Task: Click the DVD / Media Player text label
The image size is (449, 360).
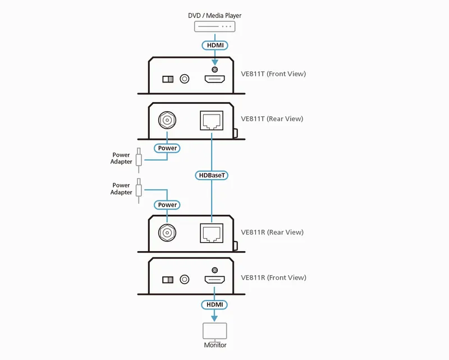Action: point(214,15)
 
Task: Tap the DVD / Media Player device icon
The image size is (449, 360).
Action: point(214,26)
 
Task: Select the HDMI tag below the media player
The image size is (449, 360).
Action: point(214,44)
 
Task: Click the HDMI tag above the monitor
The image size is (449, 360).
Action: point(214,304)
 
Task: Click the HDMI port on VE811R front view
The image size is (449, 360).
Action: point(214,280)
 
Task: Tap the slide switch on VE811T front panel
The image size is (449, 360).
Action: point(168,79)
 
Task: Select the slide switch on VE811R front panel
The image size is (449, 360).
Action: point(168,280)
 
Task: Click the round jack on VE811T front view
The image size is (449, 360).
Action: point(184,79)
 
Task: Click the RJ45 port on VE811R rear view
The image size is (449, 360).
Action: point(212,232)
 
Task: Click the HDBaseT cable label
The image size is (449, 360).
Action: point(212,175)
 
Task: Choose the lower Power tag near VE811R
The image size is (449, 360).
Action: point(167,205)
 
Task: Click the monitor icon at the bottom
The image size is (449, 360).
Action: point(215,330)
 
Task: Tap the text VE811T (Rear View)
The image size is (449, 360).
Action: point(272,119)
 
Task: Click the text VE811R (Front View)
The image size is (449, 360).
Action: point(273,277)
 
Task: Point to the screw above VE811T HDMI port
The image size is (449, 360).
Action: point(214,69)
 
